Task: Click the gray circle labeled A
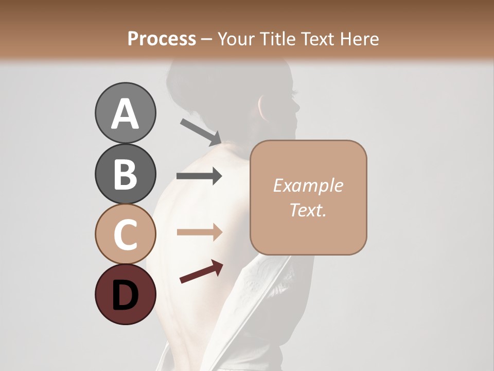pos(125,113)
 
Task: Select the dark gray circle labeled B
pos(125,174)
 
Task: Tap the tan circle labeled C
pos(125,234)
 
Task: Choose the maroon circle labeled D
pos(125,294)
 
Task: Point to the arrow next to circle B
pos(199,176)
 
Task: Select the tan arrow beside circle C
pos(199,232)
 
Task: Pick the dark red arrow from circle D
pos(201,272)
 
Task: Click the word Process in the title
pos(162,39)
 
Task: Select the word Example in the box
pos(308,185)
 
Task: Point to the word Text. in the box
pos(308,210)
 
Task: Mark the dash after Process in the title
pos(207,39)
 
